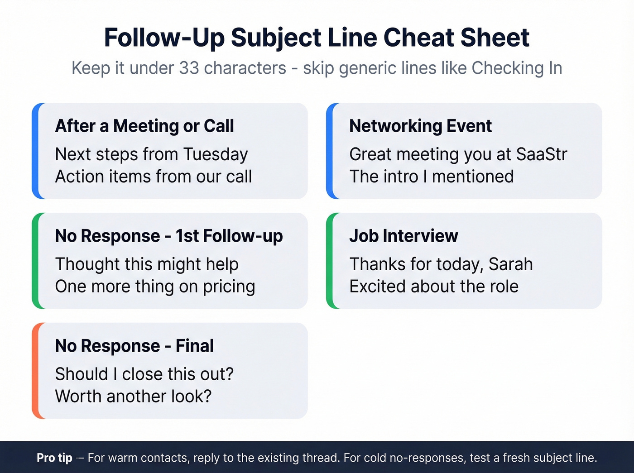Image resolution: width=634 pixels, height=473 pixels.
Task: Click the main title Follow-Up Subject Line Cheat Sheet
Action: pyautogui.click(x=317, y=38)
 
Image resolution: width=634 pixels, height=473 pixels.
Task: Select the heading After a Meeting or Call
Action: pyautogui.click(x=144, y=126)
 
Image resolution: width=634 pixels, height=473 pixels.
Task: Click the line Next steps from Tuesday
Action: pyautogui.click(x=151, y=154)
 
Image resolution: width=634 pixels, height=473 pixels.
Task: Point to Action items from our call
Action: pyautogui.click(x=153, y=177)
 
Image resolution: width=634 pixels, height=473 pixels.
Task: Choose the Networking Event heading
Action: pyautogui.click(x=420, y=126)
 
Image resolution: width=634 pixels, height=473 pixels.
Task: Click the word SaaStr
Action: pyautogui.click(x=541, y=154)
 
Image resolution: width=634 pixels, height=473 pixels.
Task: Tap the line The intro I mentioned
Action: pyautogui.click(x=431, y=177)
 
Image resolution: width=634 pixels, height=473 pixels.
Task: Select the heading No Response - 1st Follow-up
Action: pyautogui.click(x=169, y=236)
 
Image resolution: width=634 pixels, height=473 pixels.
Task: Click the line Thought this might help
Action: pyautogui.click(x=147, y=264)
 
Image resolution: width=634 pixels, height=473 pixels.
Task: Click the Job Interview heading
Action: pyautogui.click(x=403, y=236)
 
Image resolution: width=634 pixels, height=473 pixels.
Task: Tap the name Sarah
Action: pyautogui.click(x=510, y=264)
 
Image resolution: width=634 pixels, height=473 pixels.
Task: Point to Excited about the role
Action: pyautogui.click(x=434, y=287)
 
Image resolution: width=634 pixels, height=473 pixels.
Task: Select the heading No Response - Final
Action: pyautogui.click(x=134, y=346)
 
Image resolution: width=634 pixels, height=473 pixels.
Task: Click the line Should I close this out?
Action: pyautogui.click(x=144, y=374)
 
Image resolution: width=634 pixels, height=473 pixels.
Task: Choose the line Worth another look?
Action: pyautogui.click(x=133, y=397)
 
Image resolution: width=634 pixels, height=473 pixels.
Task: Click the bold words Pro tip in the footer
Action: pyautogui.click(x=54, y=458)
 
